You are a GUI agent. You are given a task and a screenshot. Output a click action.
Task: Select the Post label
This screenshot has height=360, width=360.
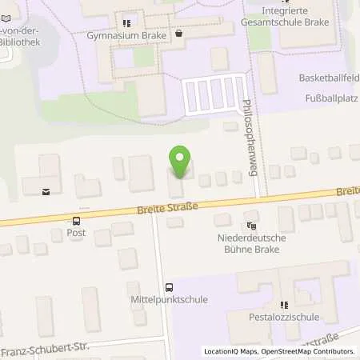pos(77,233)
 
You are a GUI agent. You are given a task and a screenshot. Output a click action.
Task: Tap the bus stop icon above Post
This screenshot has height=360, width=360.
pos(77,221)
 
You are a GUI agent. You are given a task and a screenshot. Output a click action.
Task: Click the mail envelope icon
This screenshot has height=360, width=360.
pos(46,190)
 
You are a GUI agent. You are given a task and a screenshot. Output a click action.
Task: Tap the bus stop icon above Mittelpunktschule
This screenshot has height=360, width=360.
pos(168,287)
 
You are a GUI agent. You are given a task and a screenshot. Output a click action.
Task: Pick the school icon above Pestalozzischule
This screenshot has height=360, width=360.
pos(283,305)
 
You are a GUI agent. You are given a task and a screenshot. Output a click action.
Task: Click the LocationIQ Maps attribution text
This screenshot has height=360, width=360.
pos(232,351)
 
